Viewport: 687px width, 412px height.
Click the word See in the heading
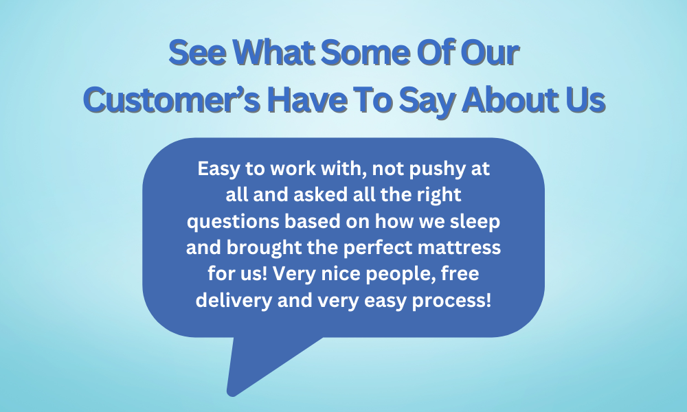(198, 53)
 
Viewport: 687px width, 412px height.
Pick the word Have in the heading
(307, 100)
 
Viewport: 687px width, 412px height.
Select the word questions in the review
(233, 222)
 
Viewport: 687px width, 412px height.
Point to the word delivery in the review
(234, 301)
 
